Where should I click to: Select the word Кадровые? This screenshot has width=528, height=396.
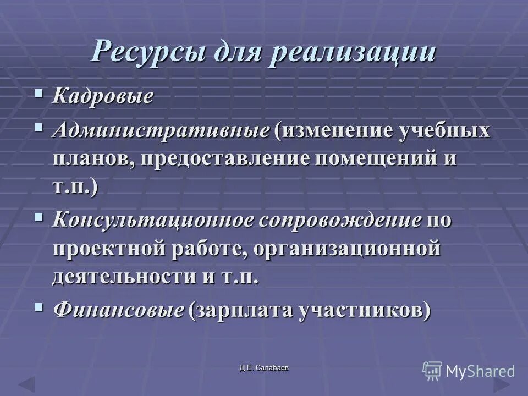102,97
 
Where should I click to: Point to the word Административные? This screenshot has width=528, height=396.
162,131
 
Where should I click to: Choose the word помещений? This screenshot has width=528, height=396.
377,159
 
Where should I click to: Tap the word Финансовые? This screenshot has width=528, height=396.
118,311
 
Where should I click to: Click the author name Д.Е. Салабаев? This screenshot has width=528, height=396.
263,367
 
